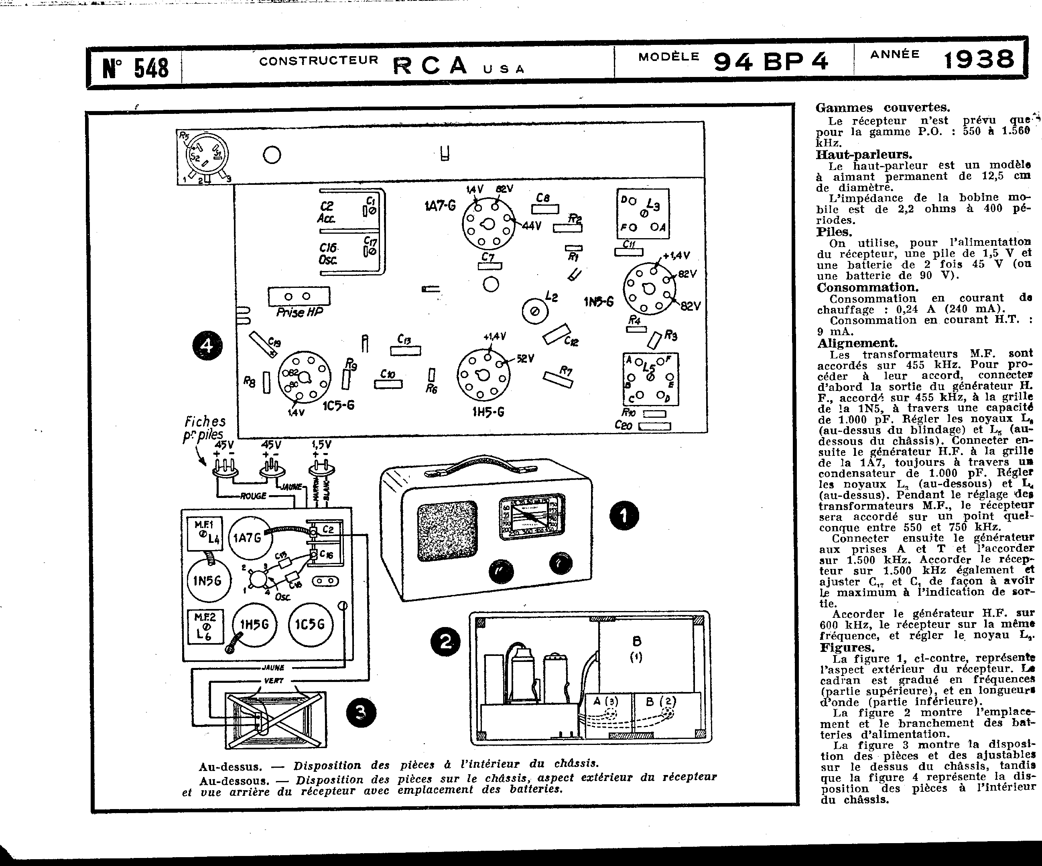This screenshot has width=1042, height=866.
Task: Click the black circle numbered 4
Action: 207,346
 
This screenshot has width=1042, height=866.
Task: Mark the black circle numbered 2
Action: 446,642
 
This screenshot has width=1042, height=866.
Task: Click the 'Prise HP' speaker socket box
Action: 299,296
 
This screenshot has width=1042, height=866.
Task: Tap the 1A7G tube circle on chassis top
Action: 247,538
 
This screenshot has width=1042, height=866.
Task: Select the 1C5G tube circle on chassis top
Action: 310,624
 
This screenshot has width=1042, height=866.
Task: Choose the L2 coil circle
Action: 535,311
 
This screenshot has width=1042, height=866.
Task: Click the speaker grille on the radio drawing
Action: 447,531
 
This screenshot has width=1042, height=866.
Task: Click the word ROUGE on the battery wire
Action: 253,496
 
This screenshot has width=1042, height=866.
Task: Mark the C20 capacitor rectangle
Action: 654,426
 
